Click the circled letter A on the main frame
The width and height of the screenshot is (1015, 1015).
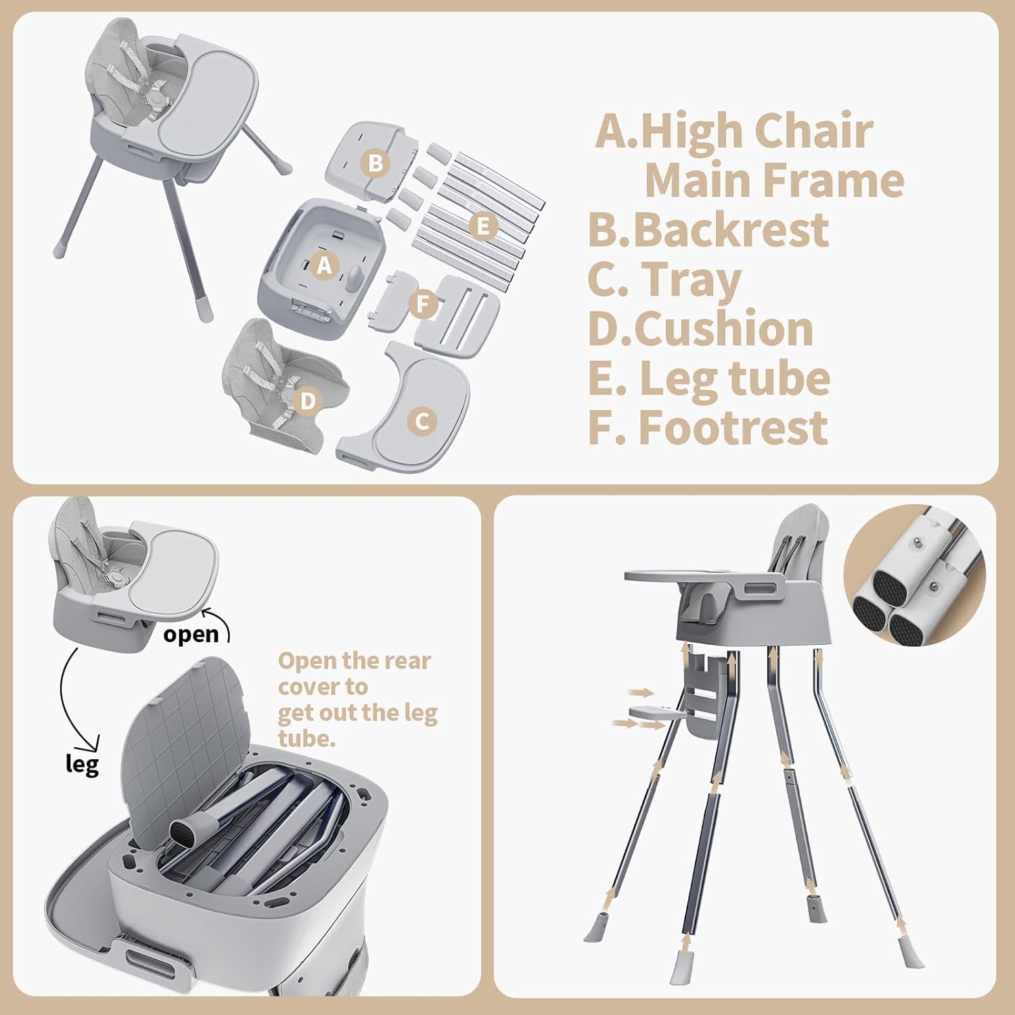coord(325,266)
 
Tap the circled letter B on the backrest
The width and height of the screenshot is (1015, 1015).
coord(376,163)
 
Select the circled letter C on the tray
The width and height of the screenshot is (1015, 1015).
coord(422,422)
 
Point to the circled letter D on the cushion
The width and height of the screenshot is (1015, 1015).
coord(308,401)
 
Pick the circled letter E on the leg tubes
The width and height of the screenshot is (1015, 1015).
coord(483,226)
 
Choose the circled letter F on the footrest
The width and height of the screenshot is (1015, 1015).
coord(424,304)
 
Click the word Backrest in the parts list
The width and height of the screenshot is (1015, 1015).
coord(731,230)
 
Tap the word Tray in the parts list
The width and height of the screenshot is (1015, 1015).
coord(691,279)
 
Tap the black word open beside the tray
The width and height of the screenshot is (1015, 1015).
coord(191,634)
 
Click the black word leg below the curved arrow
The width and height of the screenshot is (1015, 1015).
coord(82,765)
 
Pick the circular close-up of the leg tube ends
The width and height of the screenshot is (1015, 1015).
coord(914,574)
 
